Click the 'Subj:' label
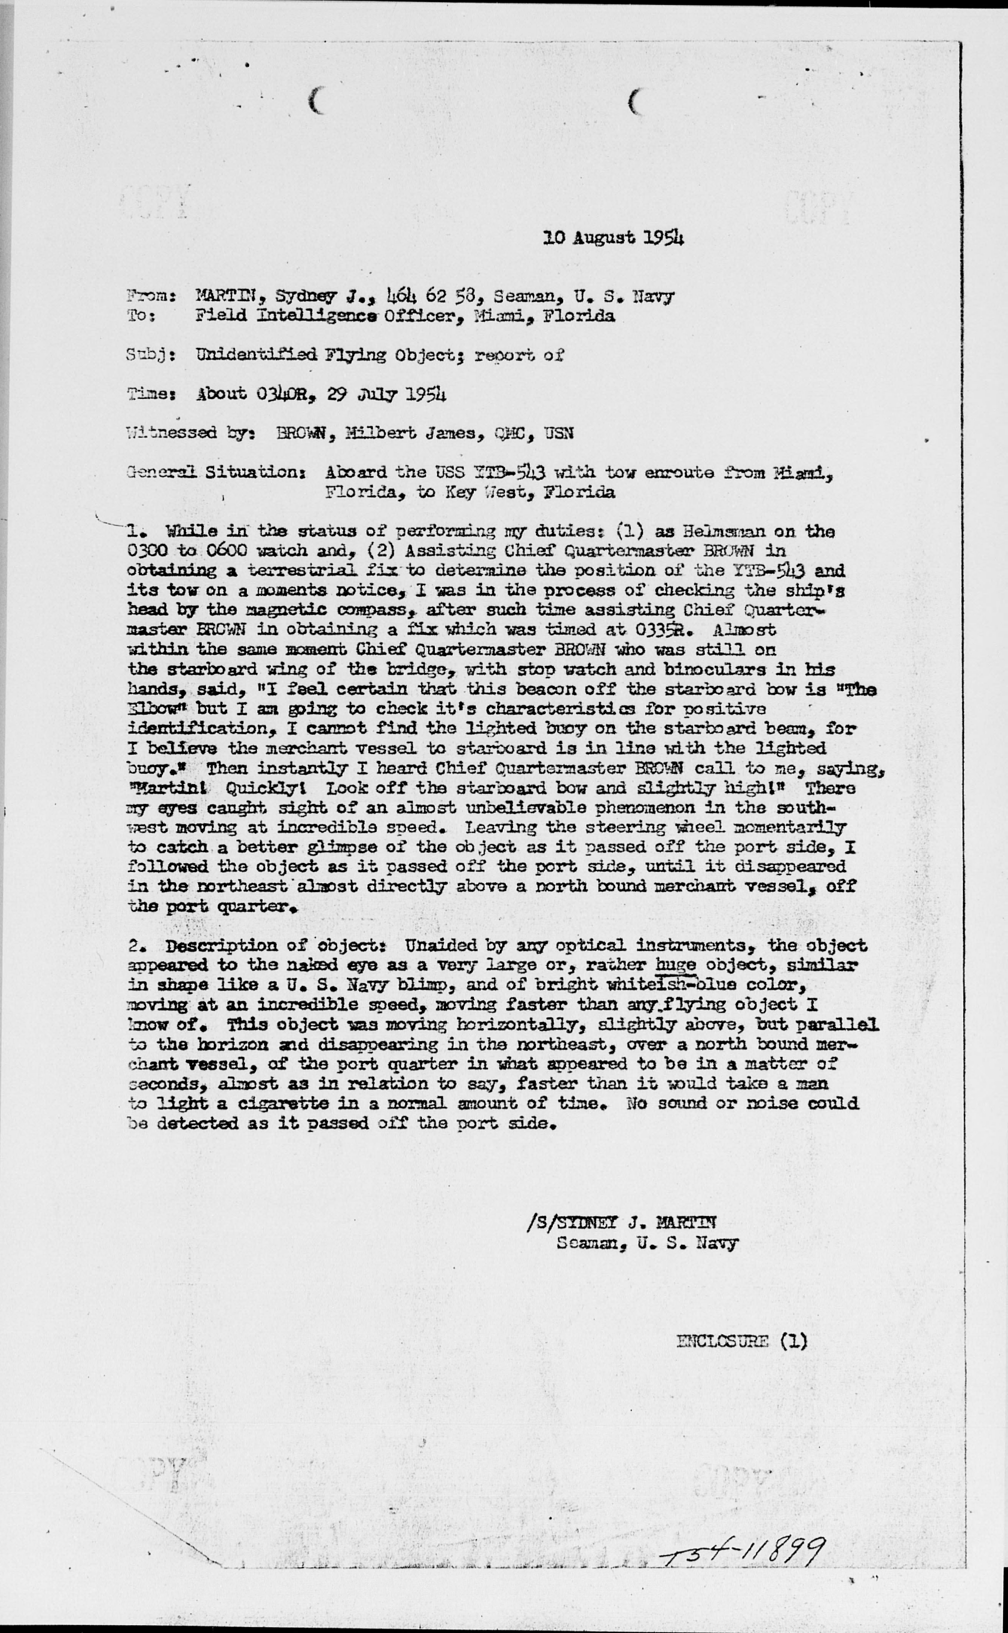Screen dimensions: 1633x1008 tap(151, 356)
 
